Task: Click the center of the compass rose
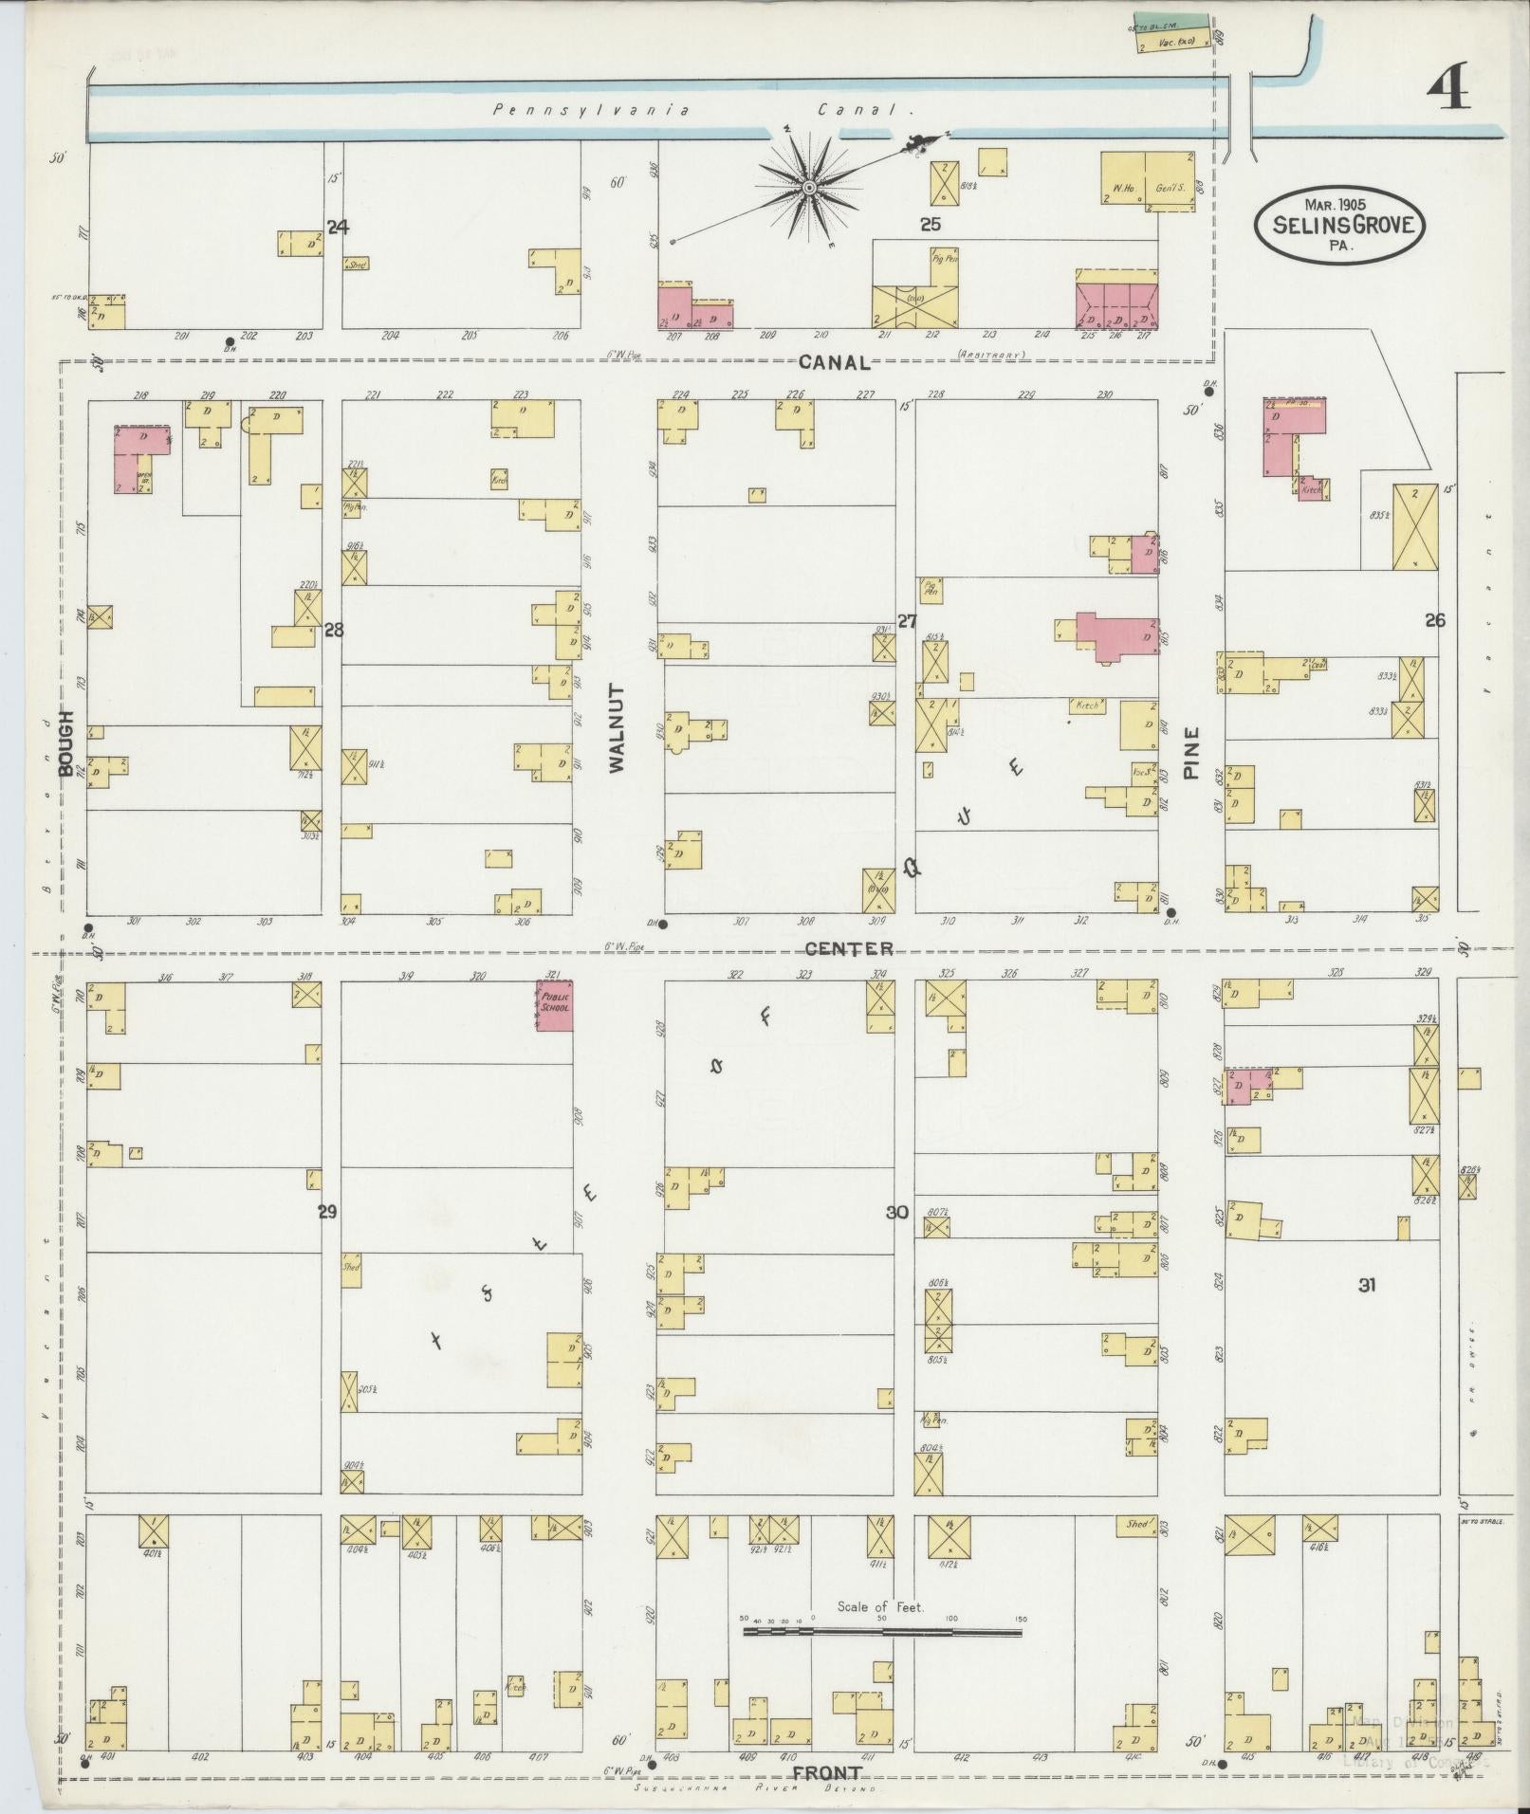[808, 189]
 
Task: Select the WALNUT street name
[618, 727]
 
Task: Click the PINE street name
[1191, 753]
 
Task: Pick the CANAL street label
[834, 361]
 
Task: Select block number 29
[327, 1211]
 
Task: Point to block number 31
[1366, 1285]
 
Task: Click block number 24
[338, 227]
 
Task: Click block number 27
[907, 621]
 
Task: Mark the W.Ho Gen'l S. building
[1146, 177]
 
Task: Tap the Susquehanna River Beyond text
[756, 1788]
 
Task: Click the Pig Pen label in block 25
[943, 257]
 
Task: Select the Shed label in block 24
[357, 264]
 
